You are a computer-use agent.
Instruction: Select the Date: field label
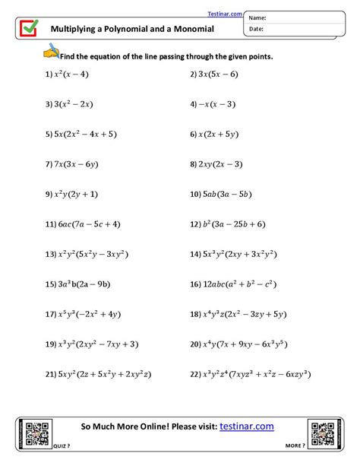256,29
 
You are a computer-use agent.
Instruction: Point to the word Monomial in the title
191,29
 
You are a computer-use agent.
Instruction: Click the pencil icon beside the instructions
50,52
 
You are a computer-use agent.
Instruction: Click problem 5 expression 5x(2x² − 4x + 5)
86,134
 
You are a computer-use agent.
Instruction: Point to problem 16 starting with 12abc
240,284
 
